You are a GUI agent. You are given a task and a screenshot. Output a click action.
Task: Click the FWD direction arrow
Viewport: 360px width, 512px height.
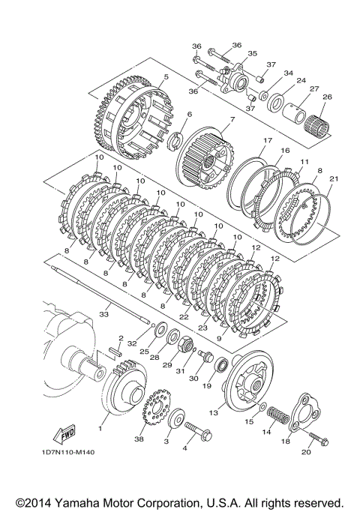64,434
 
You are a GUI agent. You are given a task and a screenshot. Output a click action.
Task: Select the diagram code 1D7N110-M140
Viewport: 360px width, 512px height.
68,452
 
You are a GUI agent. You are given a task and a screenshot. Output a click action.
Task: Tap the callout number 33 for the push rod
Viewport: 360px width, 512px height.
103,314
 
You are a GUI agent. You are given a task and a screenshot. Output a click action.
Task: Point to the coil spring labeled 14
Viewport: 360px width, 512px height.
278,415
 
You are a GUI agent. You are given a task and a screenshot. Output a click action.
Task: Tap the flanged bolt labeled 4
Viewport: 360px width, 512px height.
198,431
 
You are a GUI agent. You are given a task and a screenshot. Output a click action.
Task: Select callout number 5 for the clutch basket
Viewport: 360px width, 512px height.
166,77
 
